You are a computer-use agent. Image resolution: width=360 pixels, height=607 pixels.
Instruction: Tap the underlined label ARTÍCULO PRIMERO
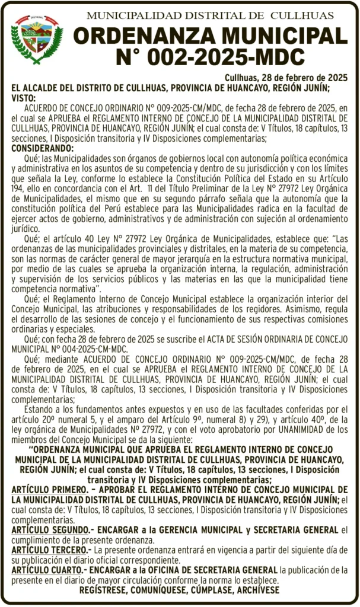49,490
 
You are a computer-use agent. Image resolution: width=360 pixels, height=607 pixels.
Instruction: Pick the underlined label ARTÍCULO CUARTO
47,570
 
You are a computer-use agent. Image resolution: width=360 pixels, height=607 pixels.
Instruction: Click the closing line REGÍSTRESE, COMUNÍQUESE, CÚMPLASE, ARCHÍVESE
179,590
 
